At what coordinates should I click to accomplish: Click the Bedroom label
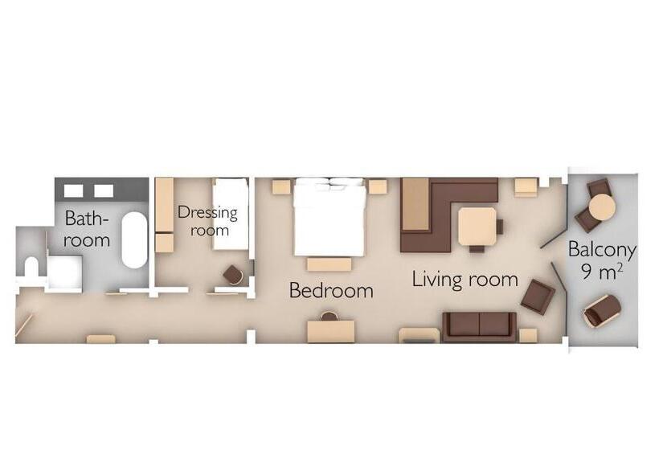pyautogui.click(x=331, y=290)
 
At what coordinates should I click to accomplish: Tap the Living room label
pyautogui.click(x=465, y=280)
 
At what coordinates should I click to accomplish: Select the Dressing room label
pyautogui.click(x=207, y=221)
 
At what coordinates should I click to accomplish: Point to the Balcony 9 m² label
pyautogui.click(x=602, y=260)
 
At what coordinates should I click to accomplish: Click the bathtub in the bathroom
pyautogui.click(x=134, y=240)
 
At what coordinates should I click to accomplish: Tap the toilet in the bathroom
pyautogui.click(x=31, y=267)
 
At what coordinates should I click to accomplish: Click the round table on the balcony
pyautogui.click(x=602, y=207)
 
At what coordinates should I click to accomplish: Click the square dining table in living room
pyautogui.click(x=477, y=226)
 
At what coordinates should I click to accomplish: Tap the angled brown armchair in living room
pyautogui.click(x=538, y=297)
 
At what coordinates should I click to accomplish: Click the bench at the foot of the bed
pyautogui.click(x=329, y=264)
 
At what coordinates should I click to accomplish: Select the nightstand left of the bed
pyautogui.click(x=281, y=186)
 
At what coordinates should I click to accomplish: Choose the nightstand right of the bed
pyautogui.click(x=378, y=186)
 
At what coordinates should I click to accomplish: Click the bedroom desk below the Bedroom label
pyautogui.click(x=331, y=331)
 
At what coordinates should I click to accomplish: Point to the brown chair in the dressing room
pyautogui.click(x=233, y=275)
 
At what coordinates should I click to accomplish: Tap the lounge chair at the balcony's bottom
pyautogui.click(x=602, y=311)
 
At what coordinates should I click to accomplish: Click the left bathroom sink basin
pyautogui.click(x=73, y=191)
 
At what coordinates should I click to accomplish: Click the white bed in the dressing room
pyautogui.click(x=231, y=215)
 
